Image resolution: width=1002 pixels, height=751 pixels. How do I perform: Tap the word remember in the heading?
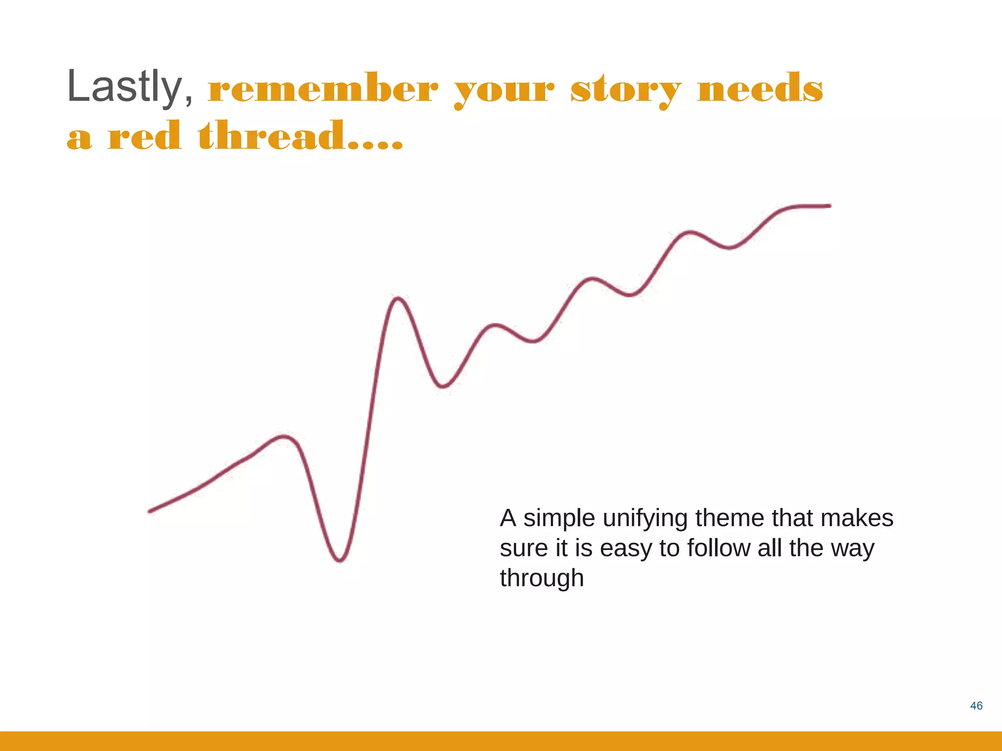[x=323, y=89]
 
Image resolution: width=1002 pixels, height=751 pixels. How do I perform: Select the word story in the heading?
[x=626, y=90]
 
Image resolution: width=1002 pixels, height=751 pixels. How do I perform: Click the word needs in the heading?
[x=760, y=88]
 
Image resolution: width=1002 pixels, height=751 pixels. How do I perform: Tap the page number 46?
[x=976, y=706]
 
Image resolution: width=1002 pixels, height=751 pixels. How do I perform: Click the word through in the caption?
[x=542, y=579]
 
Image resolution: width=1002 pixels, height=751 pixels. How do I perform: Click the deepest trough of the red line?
[x=340, y=560]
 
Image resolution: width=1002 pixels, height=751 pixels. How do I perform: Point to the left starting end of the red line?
[x=150, y=511]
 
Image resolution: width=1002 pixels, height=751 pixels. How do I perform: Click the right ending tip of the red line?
[x=830, y=206]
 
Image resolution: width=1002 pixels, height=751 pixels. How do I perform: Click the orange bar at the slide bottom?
[x=501, y=741]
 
